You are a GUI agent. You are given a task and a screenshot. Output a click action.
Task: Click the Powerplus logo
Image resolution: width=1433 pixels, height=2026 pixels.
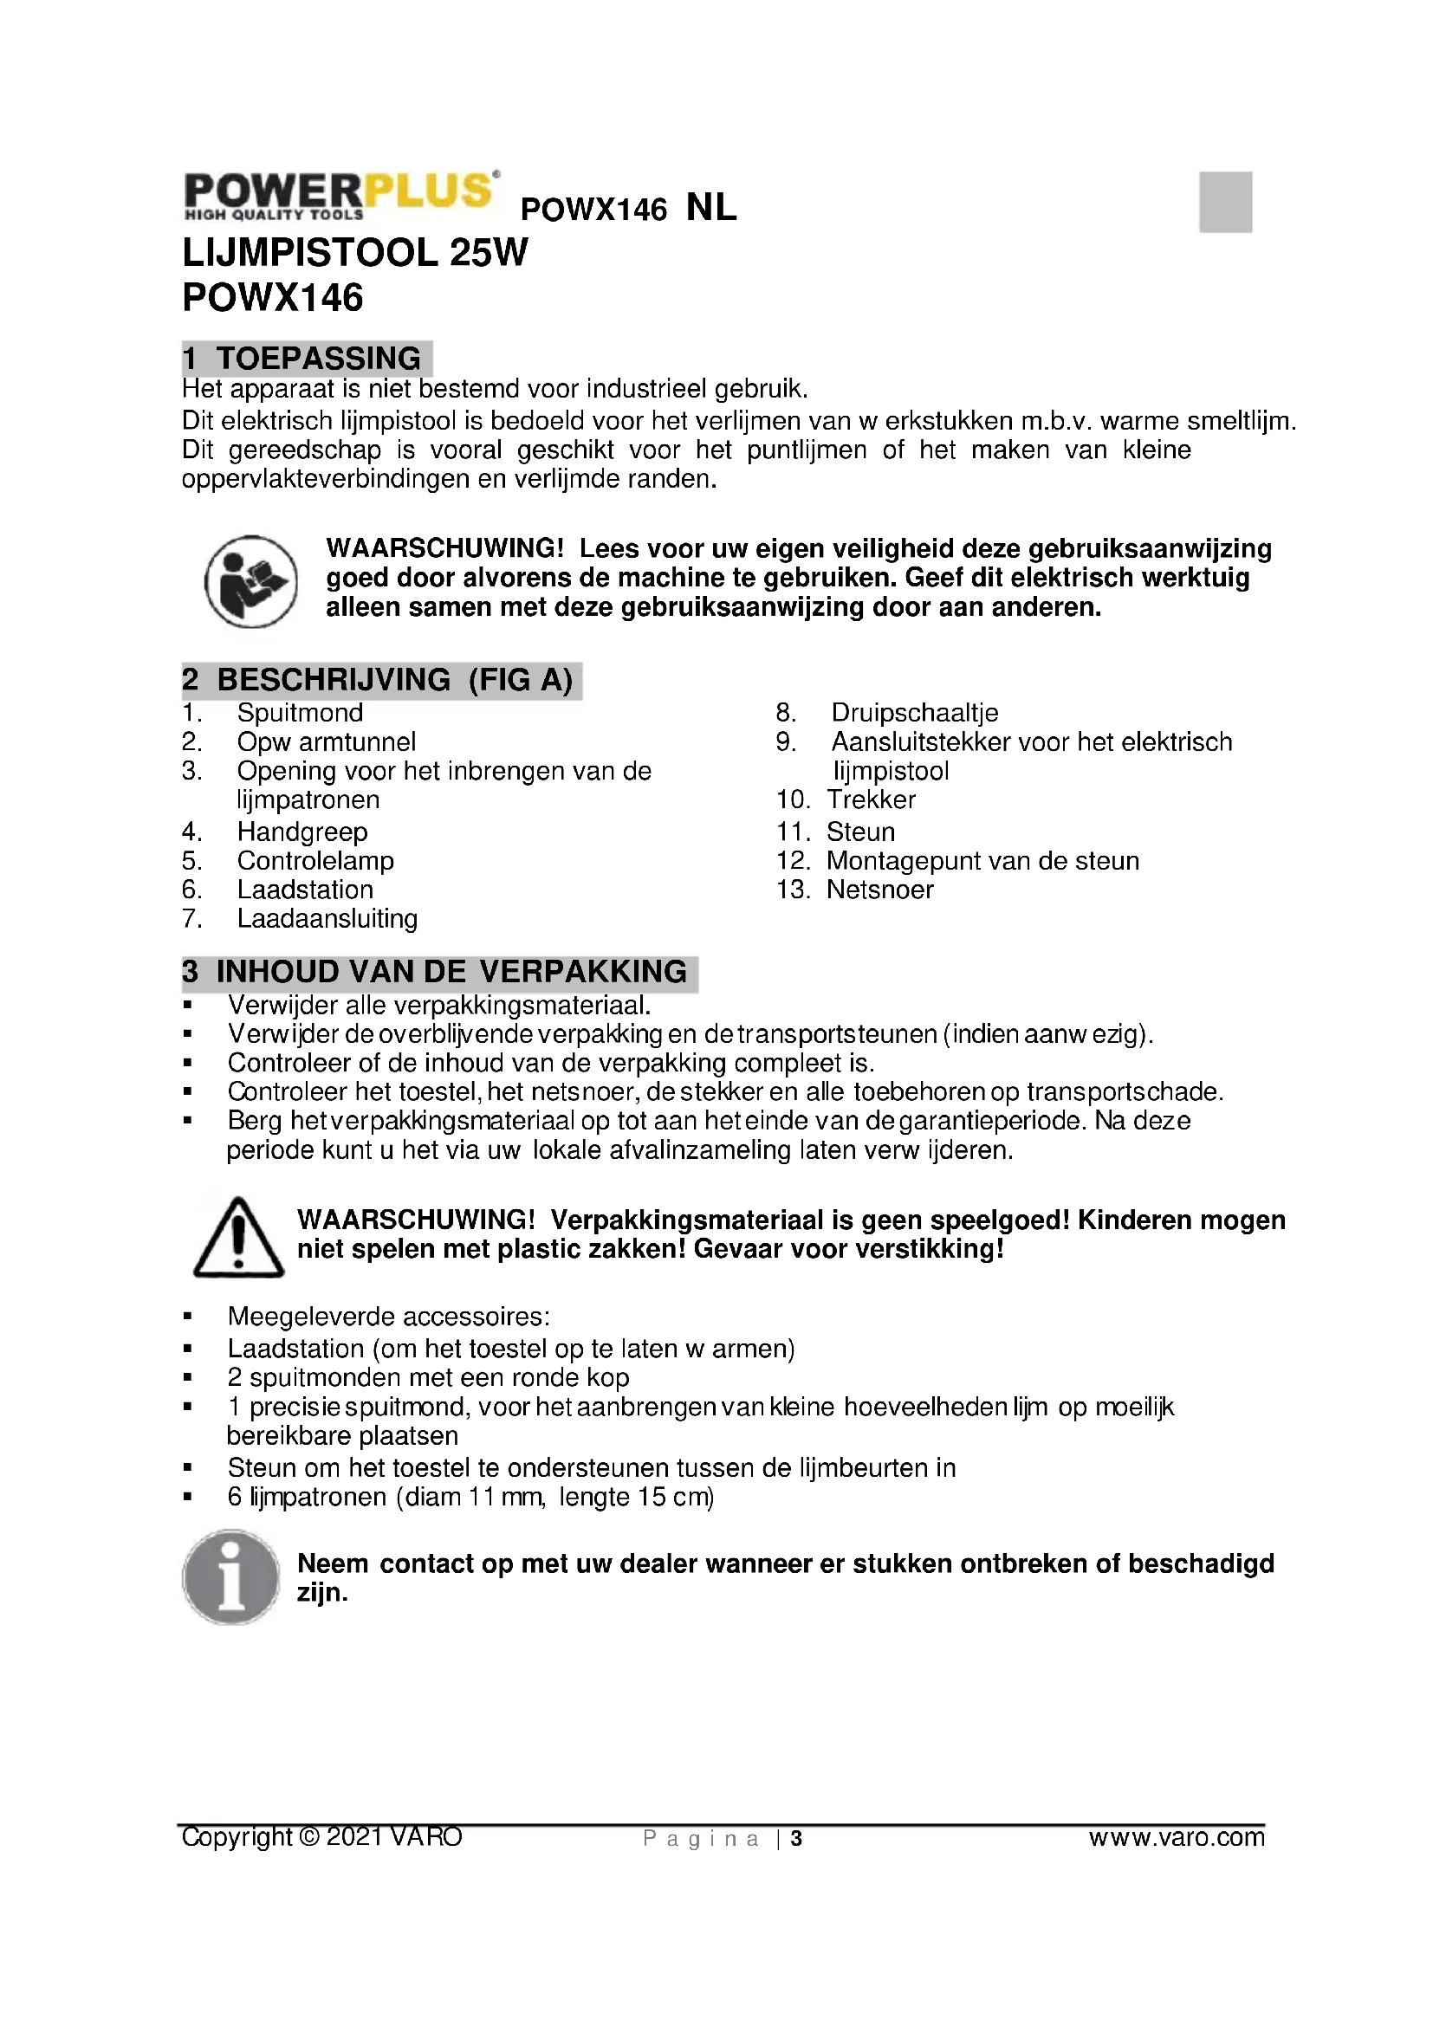pyautogui.click(x=340, y=195)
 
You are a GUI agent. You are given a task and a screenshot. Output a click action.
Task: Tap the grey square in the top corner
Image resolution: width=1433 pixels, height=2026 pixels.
pyautogui.click(x=1225, y=201)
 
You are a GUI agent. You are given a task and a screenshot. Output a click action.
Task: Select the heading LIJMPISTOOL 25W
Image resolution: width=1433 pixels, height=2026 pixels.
pyautogui.click(x=354, y=253)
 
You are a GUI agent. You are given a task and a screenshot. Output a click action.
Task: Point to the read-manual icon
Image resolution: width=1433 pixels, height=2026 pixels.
pyautogui.click(x=250, y=581)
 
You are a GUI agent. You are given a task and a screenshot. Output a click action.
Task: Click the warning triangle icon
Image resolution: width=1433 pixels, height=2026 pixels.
pyautogui.click(x=238, y=1237)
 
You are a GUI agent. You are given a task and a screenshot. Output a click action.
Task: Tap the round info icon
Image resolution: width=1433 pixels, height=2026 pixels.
pyautogui.click(x=231, y=1576)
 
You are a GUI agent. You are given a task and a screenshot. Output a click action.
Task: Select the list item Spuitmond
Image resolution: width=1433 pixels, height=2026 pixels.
pyautogui.click(x=300, y=712)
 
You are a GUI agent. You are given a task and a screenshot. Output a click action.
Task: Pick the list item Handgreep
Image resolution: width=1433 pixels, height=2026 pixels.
pyautogui.click(x=302, y=832)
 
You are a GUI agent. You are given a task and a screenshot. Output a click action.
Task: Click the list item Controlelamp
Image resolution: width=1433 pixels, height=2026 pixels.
pyautogui.click(x=315, y=860)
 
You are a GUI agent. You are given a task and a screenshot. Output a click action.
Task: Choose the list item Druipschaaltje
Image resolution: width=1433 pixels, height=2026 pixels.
pyautogui.click(x=914, y=712)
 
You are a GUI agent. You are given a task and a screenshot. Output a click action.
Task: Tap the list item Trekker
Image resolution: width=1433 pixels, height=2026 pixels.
pyautogui.click(x=871, y=799)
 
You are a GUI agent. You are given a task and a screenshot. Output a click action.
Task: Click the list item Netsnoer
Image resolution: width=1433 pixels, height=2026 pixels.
pyautogui.click(x=879, y=890)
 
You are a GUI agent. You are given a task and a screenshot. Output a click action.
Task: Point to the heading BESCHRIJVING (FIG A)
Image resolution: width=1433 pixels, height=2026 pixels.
pyautogui.click(x=381, y=680)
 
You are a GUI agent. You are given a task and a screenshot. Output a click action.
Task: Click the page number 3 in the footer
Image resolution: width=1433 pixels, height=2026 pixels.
pyautogui.click(x=796, y=1838)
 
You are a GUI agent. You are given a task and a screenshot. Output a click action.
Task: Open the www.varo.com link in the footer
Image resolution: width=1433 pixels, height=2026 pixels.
pyautogui.click(x=1177, y=1837)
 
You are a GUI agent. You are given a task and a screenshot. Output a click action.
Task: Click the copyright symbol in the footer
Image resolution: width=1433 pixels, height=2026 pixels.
pyautogui.click(x=308, y=1836)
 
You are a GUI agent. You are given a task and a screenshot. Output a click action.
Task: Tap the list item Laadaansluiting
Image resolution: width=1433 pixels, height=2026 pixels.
pyautogui.click(x=327, y=918)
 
